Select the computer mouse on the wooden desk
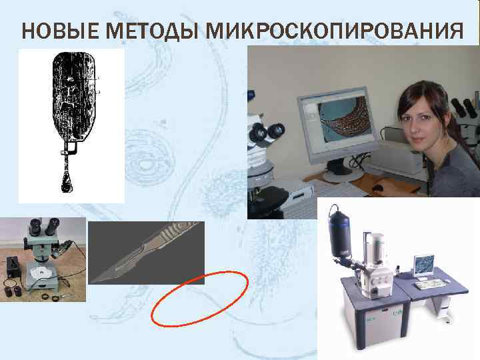[379, 188]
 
